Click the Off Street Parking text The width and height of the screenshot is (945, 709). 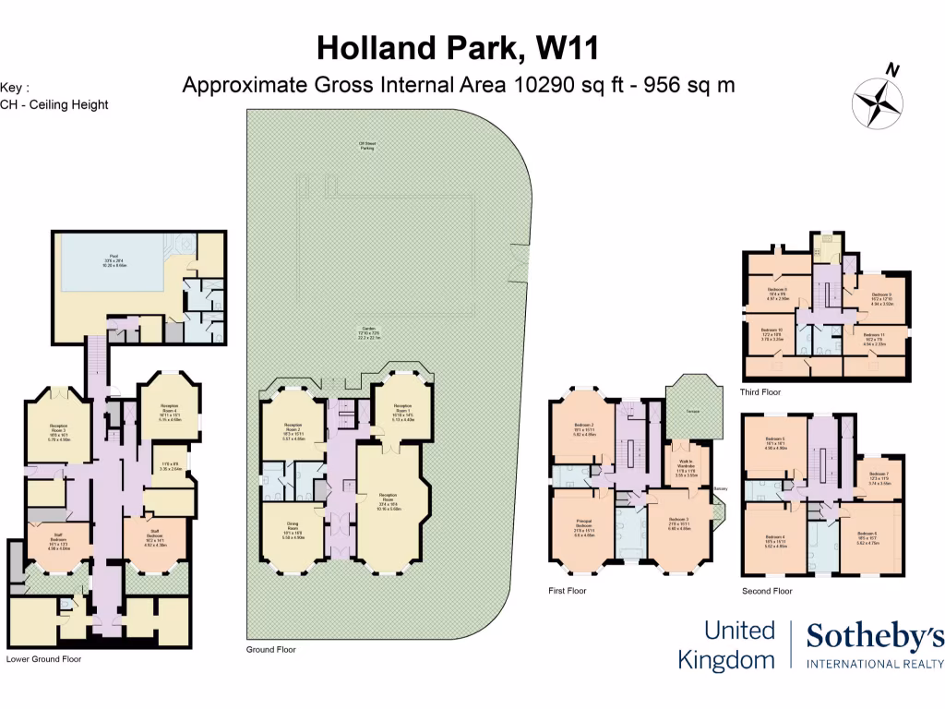click(366, 146)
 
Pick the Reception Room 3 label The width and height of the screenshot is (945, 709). click(59, 429)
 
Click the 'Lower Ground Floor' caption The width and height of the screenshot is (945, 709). click(43, 659)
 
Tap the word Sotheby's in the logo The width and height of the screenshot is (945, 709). click(875, 637)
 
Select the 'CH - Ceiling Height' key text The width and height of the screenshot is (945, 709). click(54, 104)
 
